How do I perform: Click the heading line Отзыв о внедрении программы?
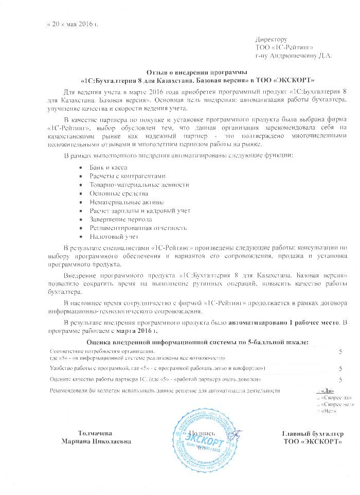199,73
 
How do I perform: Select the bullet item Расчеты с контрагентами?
121,176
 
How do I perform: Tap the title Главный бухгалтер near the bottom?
313,433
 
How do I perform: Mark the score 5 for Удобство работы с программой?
340,368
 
